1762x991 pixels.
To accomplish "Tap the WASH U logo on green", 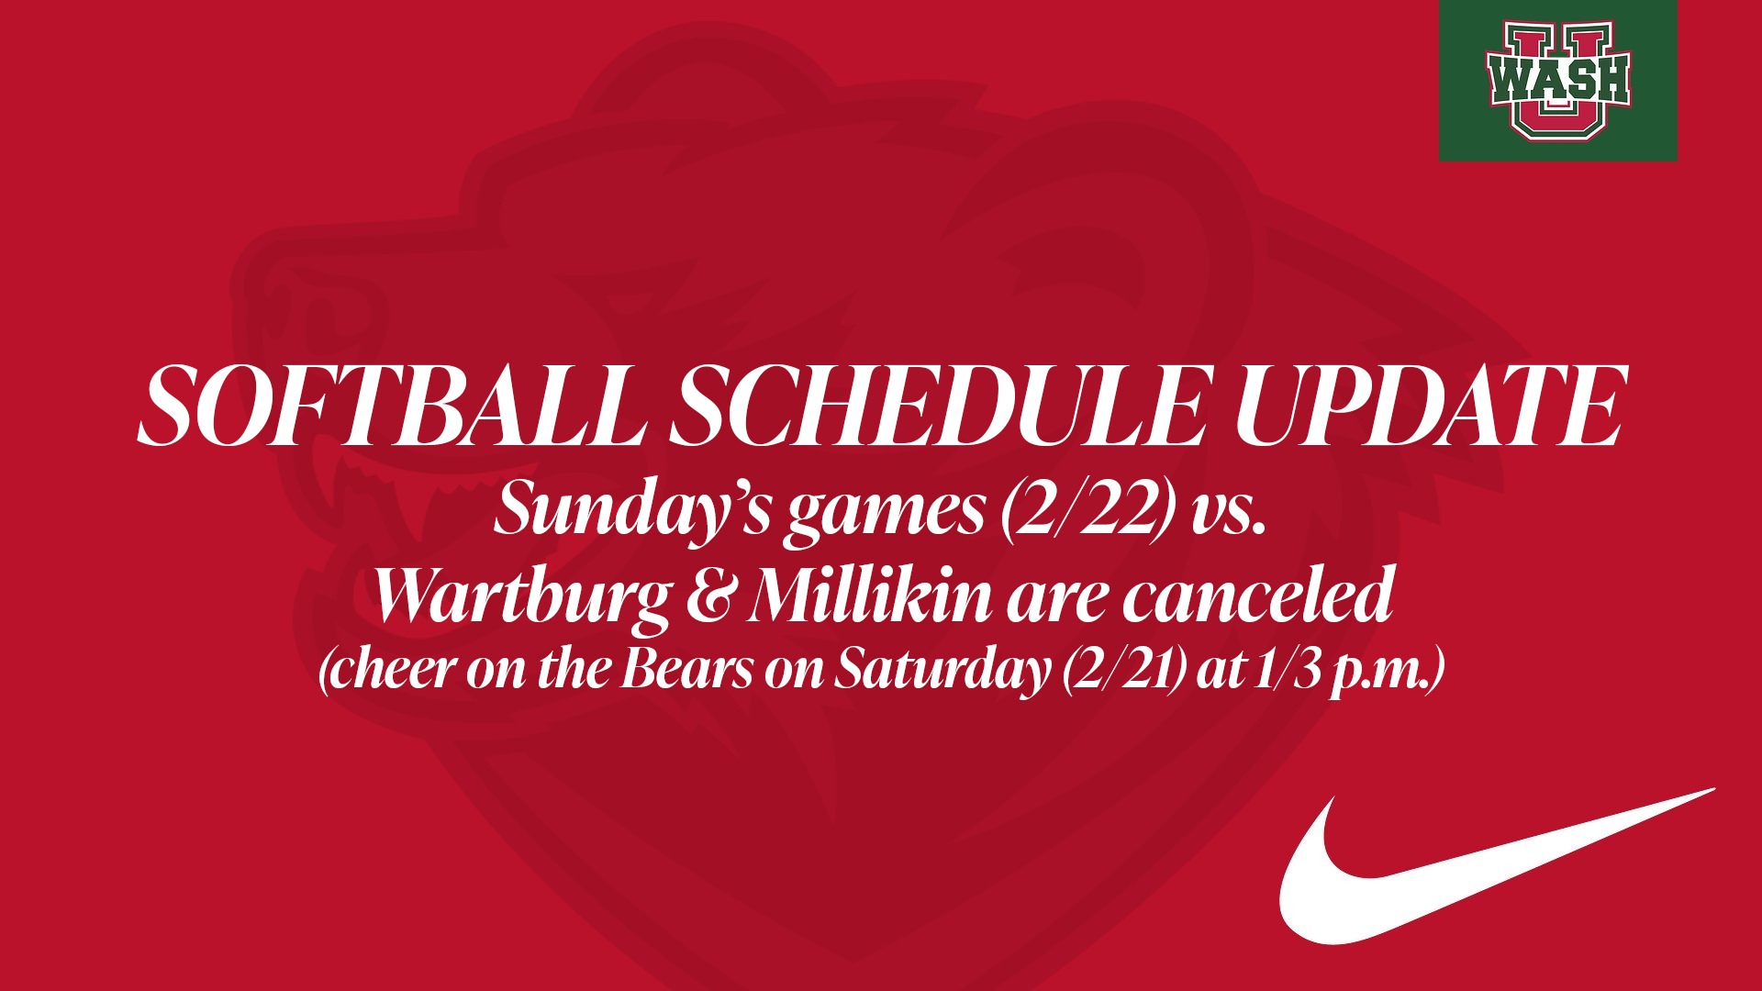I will coord(1557,81).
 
